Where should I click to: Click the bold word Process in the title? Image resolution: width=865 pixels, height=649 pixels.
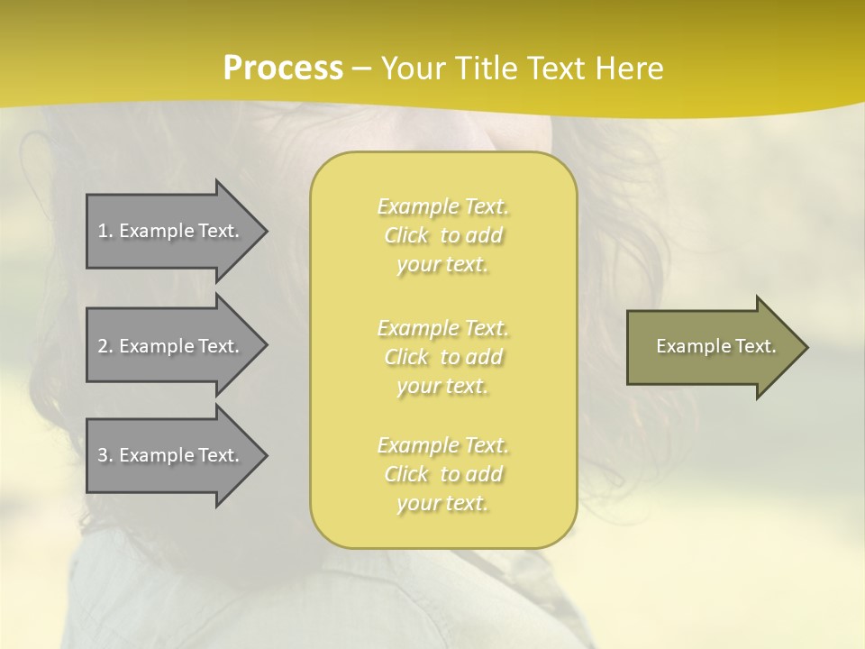coord(283,69)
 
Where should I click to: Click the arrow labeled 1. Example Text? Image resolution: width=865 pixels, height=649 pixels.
coord(171,231)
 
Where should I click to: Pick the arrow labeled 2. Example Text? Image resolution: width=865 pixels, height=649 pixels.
coord(171,346)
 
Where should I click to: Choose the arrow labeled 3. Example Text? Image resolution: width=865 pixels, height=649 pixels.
coord(171,455)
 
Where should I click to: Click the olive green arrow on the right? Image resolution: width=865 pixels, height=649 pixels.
coord(712,346)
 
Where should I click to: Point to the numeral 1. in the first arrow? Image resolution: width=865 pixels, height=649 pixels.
coord(105,231)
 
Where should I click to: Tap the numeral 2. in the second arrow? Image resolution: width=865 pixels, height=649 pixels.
coord(105,346)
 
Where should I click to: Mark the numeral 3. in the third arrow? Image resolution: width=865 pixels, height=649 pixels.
coord(105,455)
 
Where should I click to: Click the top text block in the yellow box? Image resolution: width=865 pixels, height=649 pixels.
coord(443,235)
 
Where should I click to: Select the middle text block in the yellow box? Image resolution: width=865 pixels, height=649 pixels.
coord(443,357)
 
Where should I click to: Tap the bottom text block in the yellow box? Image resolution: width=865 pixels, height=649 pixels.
coord(443,474)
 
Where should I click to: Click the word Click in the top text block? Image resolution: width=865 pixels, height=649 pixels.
coord(406,235)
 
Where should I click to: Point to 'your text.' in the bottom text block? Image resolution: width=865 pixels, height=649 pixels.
coord(442,503)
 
